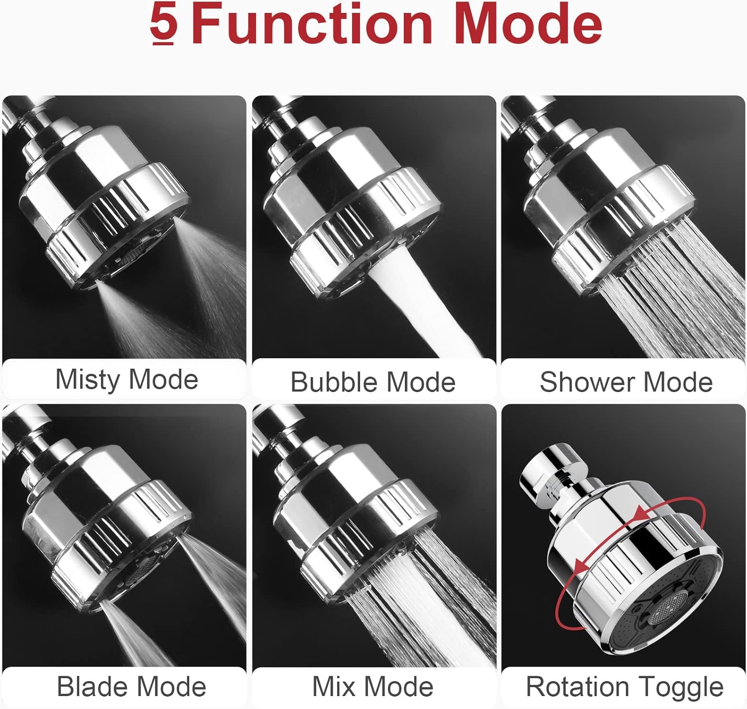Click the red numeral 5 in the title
coord(164,25)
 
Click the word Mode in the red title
coord(528,25)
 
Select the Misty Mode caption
coord(126,380)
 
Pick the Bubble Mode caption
coord(373,382)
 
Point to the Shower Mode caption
coord(626,382)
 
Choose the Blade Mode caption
coord(131,687)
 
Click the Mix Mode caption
coord(373,687)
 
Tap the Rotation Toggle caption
coord(624,687)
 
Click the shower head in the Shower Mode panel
coord(608,209)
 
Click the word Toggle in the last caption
coord(684,687)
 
